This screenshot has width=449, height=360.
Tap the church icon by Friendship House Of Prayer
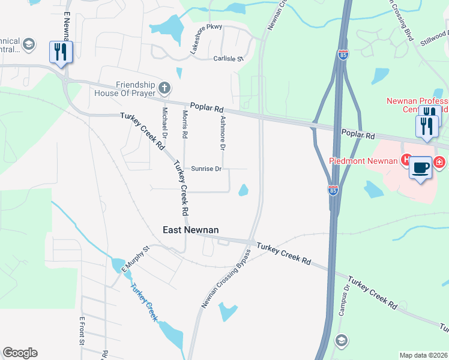pos(164,89)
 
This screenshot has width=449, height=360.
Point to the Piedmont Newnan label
pos(363,160)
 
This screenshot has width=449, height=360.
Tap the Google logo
pos(20,353)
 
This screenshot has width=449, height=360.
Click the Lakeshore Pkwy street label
pos(202,40)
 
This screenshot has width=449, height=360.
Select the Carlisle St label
pos(228,59)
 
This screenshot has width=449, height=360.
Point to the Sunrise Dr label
pos(206,169)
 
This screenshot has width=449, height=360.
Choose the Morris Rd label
pos(185,124)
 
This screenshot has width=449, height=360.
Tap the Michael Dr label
pos(163,121)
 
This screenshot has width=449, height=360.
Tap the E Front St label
pos(82,331)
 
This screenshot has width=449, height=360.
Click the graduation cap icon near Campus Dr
pos(341,340)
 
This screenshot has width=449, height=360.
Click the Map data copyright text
pos(424,355)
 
